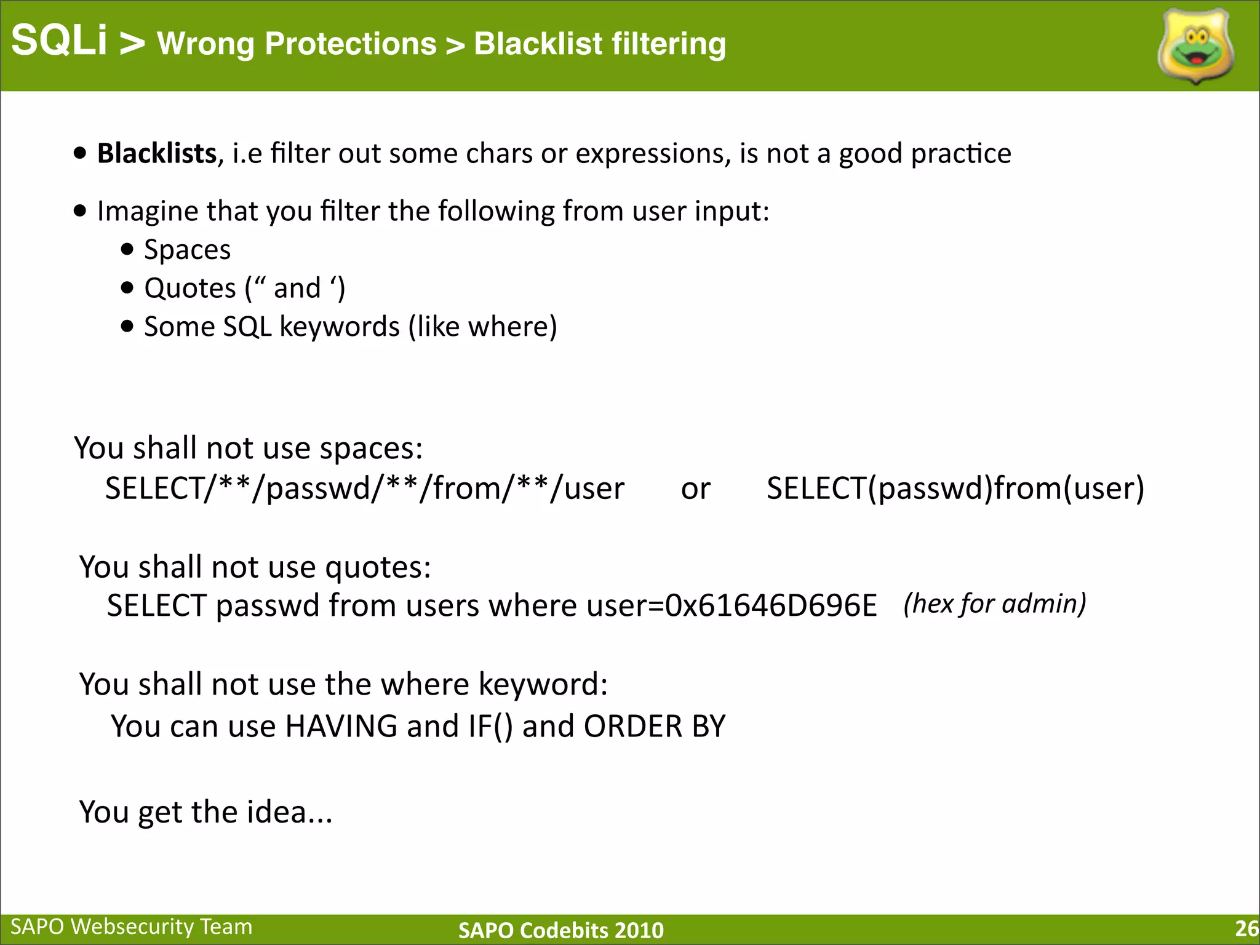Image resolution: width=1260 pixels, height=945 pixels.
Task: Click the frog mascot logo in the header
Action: coord(1195,47)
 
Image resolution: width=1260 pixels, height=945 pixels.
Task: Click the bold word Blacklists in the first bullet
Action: coord(157,153)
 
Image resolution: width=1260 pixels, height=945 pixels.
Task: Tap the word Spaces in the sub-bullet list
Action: coord(187,250)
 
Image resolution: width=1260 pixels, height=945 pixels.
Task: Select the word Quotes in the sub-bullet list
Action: coord(190,288)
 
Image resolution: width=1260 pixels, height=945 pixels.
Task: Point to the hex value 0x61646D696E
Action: coord(771,605)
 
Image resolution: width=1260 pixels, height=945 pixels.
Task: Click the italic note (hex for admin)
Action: coord(995,604)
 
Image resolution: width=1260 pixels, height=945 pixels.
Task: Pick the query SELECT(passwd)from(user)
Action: coord(955,488)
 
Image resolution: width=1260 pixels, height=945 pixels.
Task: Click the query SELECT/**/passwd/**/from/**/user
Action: coord(364,488)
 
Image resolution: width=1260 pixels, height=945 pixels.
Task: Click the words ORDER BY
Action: coord(655,726)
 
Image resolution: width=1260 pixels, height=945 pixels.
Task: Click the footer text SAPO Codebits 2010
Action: coord(561,930)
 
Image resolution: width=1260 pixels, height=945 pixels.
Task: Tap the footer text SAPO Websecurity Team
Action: coord(132,927)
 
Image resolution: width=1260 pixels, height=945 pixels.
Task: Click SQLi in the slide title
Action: coord(59,41)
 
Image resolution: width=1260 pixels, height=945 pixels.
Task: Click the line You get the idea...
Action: coord(205,811)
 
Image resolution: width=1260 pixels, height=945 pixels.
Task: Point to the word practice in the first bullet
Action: coord(961,153)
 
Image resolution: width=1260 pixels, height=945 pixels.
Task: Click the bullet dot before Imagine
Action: coord(80,211)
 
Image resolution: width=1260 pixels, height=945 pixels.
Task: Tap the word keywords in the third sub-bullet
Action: coord(340,327)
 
